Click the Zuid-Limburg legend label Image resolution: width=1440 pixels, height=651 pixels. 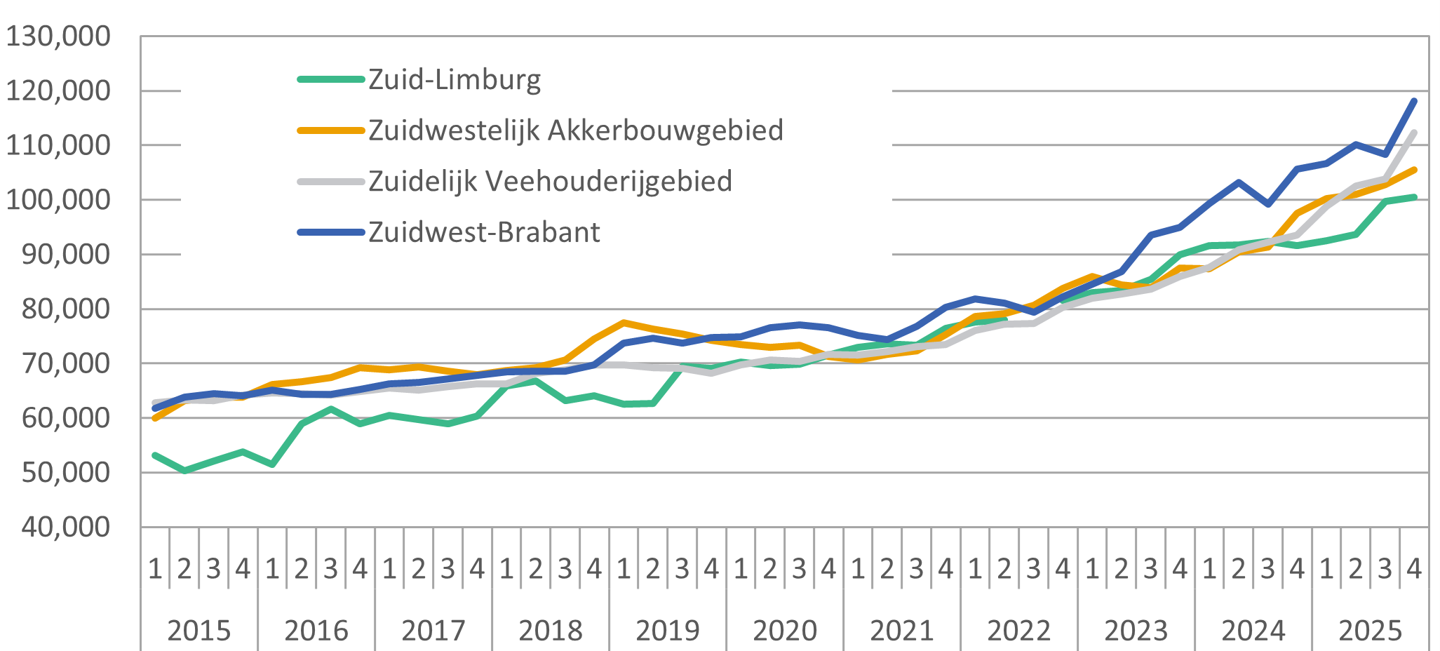[455, 79]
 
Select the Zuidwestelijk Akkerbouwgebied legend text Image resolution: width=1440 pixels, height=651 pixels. [576, 130]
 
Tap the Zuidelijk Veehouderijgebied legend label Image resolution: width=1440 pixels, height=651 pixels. [551, 181]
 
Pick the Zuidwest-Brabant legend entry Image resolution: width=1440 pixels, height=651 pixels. [484, 232]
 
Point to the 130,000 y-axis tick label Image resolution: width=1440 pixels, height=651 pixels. [58, 36]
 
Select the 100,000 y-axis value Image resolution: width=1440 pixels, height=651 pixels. [58, 200]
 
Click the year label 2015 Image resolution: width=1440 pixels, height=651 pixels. [199, 630]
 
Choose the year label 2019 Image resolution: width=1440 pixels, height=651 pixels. [668, 630]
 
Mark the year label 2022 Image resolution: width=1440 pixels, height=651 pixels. [1019, 630]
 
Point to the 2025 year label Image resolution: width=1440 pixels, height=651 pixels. [1371, 630]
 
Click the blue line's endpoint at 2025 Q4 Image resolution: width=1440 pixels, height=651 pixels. [1414, 101]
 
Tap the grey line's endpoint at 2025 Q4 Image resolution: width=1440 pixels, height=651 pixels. [1414, 133]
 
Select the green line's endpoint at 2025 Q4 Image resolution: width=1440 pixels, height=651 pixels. [1414, 197]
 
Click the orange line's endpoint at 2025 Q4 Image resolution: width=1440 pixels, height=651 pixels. [1414, 170]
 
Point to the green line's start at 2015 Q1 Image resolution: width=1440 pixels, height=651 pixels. [155, 455]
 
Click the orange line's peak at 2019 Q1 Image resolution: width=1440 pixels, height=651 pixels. [624, 323]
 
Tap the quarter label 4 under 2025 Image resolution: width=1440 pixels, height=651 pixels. [1414, 568]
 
